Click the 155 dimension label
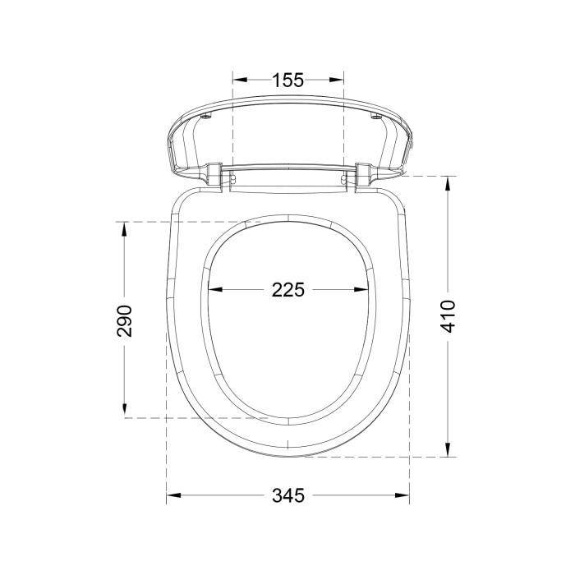(287, 80)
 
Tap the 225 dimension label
(287, 290)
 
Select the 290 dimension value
(124, 320)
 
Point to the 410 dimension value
(448, 316)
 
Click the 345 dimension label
(288, 496)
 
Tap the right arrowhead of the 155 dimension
(336, 80)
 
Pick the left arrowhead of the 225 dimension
(215, 290)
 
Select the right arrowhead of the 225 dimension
(361, 290)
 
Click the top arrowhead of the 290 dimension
(124, 229)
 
